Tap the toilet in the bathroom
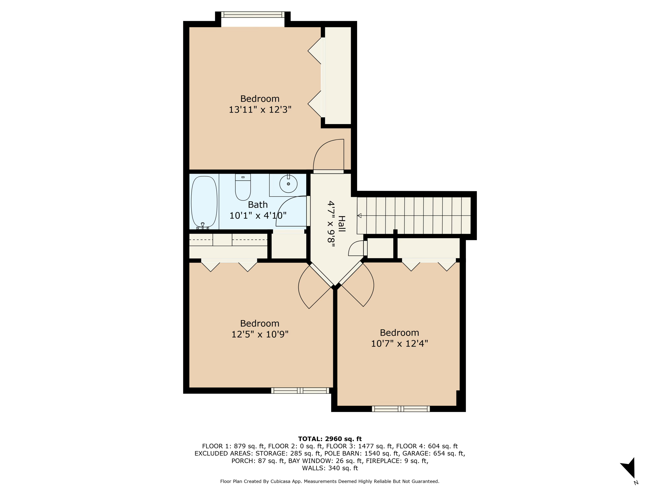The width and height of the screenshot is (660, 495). click(243, 188)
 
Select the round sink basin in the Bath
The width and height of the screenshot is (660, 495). click(288, 184)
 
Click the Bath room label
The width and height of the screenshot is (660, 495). click(258, 205)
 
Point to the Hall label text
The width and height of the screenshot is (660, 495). click(342, 224)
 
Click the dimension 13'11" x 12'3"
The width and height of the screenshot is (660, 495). click(260, 110)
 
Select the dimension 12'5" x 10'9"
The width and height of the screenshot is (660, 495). click(260, 334)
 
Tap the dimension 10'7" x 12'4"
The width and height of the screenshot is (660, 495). click(399, 343)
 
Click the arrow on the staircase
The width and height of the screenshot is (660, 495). click(359, 215)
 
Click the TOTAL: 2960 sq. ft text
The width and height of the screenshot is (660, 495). click(330, 439)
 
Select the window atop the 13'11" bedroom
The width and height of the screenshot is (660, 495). click(253, 15)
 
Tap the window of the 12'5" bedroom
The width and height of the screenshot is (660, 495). click(300, 390)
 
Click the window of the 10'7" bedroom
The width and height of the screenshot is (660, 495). click(401, 409)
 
